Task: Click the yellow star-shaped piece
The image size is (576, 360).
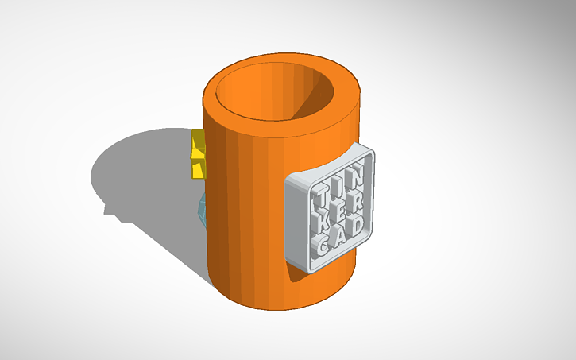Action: pos(196,154)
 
